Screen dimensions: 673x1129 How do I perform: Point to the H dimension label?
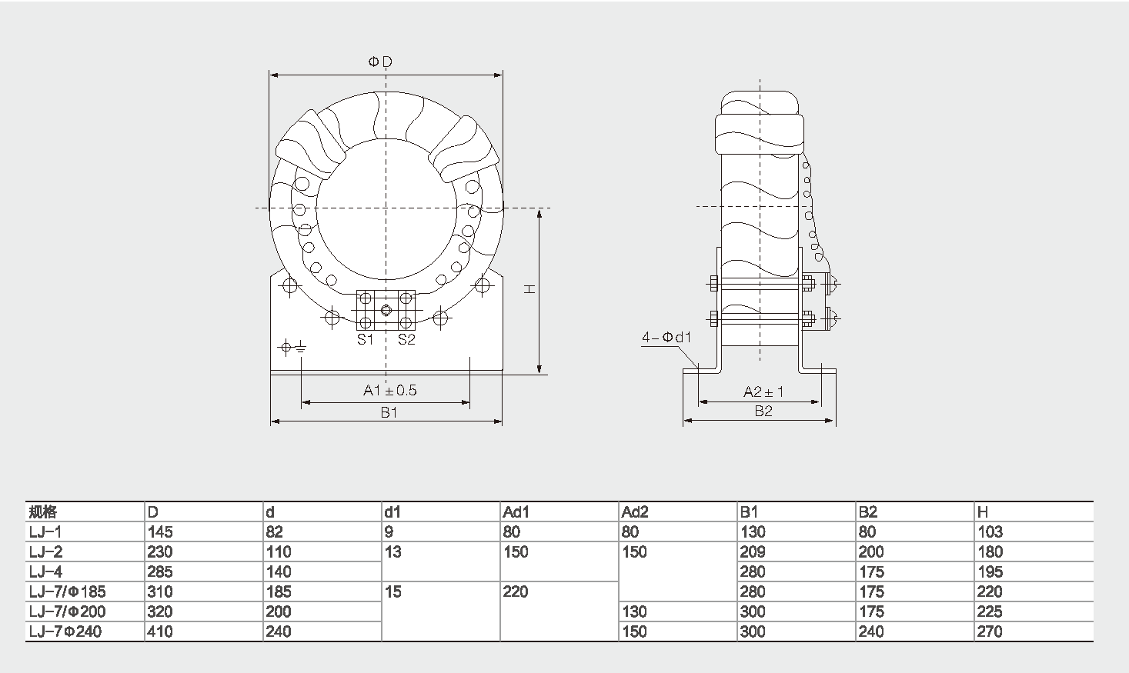[529, 288]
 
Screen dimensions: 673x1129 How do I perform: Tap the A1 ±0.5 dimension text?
[390, 391]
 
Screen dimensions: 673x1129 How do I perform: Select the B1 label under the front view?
[389, 412]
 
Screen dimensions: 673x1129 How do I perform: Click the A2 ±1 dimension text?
[763, 391]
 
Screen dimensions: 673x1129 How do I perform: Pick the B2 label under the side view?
[763, 411]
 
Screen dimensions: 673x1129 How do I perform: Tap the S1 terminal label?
[364, 340]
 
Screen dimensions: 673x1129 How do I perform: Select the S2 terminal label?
[406, 340]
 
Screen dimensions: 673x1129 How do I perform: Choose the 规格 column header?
[42, 512]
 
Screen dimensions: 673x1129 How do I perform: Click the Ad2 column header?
[635, 512]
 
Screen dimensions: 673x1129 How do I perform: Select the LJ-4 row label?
[45, 571]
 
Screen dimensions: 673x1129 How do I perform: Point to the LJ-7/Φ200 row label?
[67, 611]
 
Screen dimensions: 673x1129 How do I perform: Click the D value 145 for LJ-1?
[160, 531]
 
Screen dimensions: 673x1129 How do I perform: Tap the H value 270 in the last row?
[990, 631]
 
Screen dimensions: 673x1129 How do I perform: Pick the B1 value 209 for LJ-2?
[753, 551]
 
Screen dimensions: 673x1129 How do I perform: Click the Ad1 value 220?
[516, 591]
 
